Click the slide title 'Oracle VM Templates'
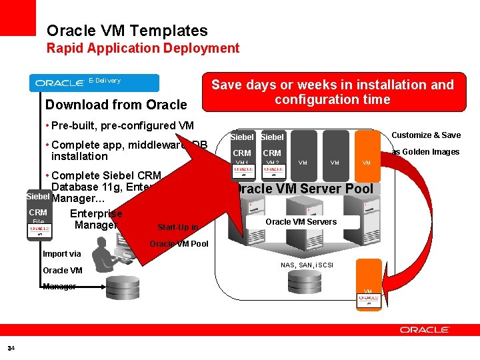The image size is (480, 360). (127, 31)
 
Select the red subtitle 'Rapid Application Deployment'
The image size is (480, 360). (143, 48)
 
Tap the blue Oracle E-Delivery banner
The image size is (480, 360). (94, 82)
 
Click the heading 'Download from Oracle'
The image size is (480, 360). (116, 105)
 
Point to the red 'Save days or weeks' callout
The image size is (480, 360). (332, 92)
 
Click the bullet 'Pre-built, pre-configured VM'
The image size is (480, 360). (122, 125)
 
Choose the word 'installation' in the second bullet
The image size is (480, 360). (79, 156)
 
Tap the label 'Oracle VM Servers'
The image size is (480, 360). (301, 221)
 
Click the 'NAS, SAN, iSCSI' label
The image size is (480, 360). (307, 265)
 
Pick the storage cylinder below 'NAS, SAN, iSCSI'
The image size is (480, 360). (306, 282)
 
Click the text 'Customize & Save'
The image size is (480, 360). (425, 135)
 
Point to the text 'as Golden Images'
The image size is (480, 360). (425, 152)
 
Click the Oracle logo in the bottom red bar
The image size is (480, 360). (425, 329)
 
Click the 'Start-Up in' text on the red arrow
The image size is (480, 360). (177, 227)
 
